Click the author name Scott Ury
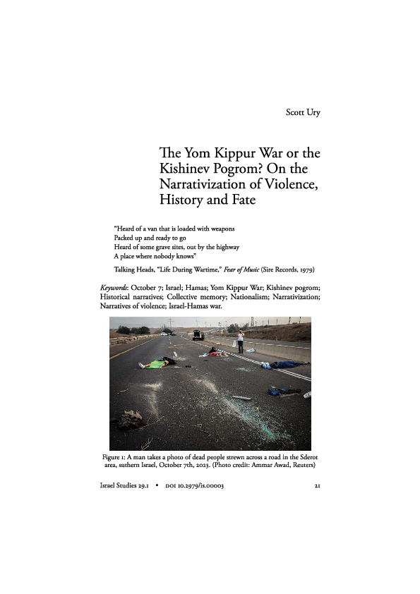click(302, 112)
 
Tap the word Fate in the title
click(236, 200)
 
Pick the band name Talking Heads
click(138, 269)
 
